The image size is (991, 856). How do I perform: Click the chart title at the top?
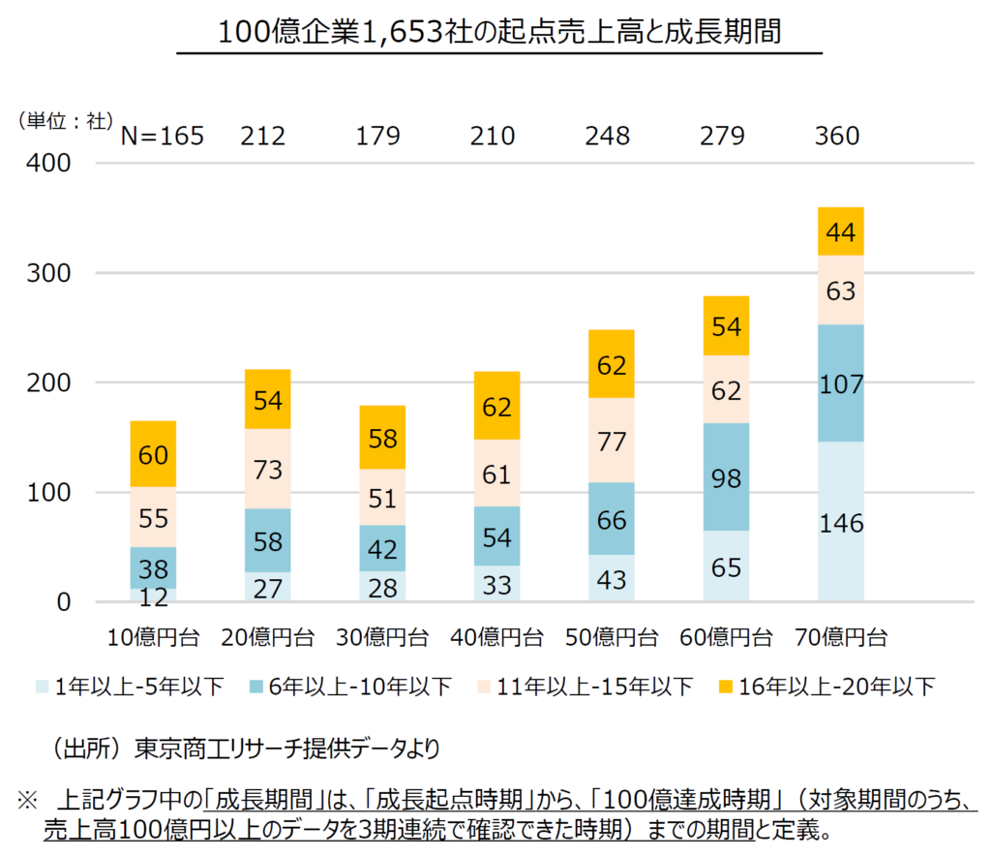498,31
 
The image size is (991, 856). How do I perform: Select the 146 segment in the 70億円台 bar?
840,523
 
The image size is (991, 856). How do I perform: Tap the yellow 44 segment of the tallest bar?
840,231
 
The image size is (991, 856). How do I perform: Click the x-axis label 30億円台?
382,637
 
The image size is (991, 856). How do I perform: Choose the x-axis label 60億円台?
727,637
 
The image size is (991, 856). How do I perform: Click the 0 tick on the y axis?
63,602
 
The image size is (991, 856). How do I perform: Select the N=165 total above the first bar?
162,137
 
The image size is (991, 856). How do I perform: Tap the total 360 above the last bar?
837,137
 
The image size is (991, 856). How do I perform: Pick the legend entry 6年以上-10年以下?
359,688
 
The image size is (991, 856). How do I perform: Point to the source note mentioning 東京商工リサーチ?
247,748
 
